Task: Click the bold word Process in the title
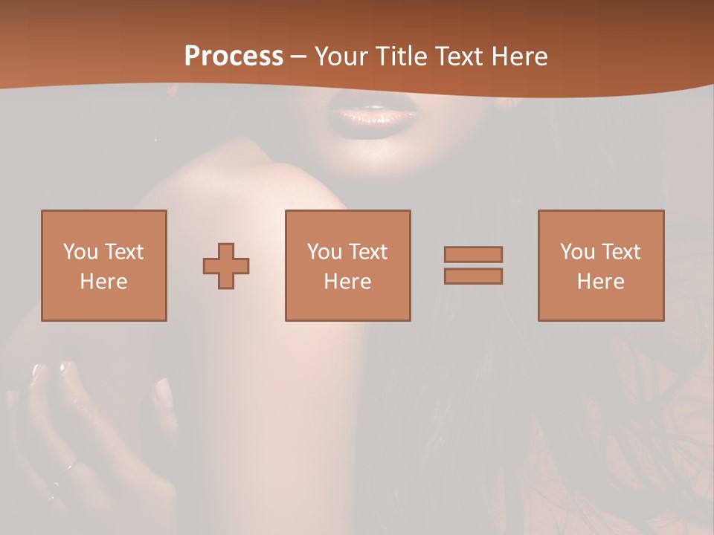(234, 56)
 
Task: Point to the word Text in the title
(462, 56)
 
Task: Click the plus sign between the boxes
(226, 266)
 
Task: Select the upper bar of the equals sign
(473, 254)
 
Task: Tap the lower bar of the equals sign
(473, 276)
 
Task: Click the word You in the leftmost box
(80, 252)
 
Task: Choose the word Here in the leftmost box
(103, 282)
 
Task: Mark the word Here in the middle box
(347, 282)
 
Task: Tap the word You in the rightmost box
(577, 252)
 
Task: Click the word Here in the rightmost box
(600, 282)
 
